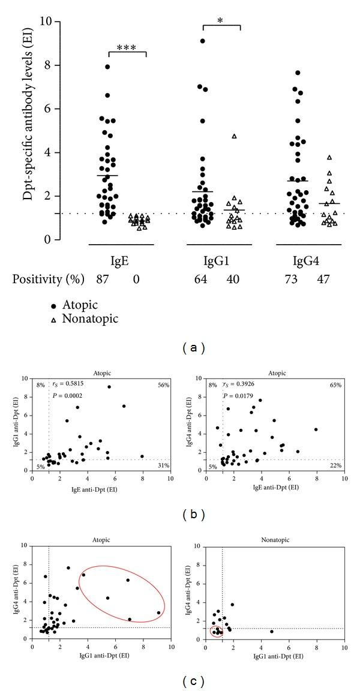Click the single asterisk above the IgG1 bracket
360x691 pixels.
tap(220, 22)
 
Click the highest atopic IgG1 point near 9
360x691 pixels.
tap(203, 41)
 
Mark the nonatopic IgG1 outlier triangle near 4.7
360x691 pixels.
tap(235, 136)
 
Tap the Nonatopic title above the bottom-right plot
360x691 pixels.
tap(272, 540)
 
